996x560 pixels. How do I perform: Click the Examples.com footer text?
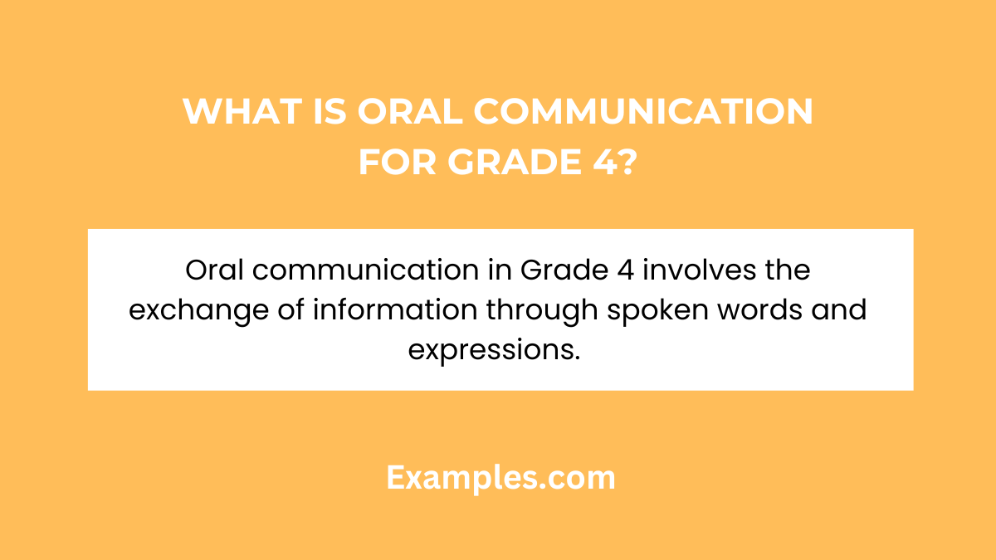point(500,478)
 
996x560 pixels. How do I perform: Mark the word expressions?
point(493,350)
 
